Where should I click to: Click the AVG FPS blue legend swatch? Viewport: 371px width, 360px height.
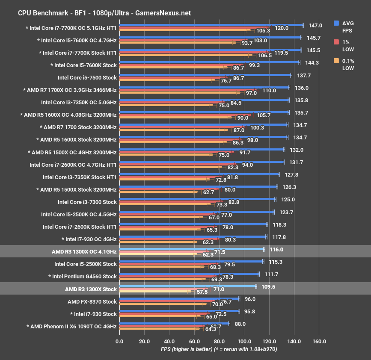[337, 24]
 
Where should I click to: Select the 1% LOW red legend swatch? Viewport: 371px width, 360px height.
[337, 42]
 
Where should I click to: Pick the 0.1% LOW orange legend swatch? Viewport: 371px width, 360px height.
[337, 61]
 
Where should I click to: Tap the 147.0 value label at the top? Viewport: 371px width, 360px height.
[315, 25]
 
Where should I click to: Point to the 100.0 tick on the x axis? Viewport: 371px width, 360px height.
[244, 342]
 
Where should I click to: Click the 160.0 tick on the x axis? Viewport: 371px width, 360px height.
[319, 342]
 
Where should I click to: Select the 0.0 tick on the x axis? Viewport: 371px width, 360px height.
[119, 342]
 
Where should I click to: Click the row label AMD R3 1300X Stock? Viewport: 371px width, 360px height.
[91, 289]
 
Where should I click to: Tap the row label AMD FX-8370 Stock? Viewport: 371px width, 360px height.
[92, 301]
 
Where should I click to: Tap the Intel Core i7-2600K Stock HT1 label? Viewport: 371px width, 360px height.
[80, 227]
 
